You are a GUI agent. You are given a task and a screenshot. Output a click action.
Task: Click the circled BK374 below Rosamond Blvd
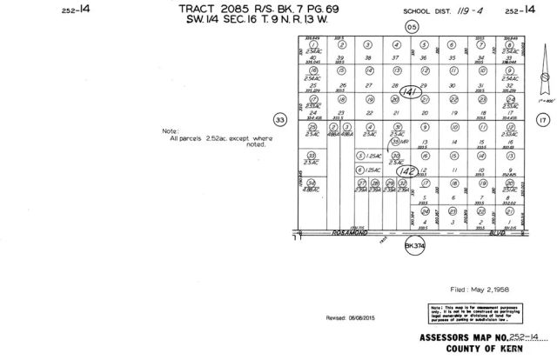click(x=413, y=247)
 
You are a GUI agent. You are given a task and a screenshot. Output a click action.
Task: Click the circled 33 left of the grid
click(x=279, y=120)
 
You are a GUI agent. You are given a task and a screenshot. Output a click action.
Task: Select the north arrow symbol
click(x=544, y=87)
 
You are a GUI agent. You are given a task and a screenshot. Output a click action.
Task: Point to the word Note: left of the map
click(x=172, y=131)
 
